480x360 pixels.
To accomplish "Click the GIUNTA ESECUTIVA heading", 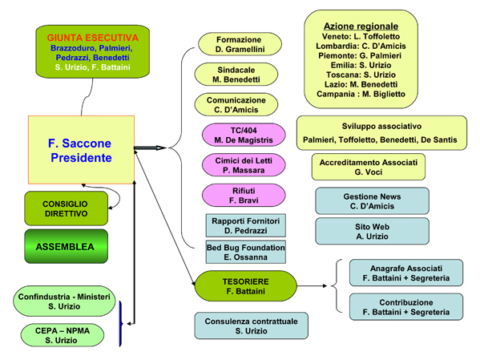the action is click(92, 38).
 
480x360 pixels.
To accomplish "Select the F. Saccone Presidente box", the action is click(81, 150).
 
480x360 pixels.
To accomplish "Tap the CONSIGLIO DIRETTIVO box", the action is click(67, 208).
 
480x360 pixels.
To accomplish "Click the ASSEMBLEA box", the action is click(67, 246).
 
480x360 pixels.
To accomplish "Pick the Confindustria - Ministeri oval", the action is click(64, 301).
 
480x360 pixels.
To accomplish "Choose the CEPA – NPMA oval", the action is click(63, 335).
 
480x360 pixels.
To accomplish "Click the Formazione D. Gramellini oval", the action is click(240, 44).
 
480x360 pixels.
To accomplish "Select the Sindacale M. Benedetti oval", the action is click(236, 75).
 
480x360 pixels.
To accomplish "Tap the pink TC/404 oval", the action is click(244, 135).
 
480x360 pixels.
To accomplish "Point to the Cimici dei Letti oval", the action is click(244, 165).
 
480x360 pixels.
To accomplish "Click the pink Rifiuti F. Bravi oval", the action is click(244, 195).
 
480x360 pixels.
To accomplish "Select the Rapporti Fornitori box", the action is click(246, 225).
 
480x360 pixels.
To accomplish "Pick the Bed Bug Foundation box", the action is click(246, 252).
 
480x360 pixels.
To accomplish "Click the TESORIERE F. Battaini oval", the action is click(246, 286).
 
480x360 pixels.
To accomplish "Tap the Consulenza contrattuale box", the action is click(252, 326).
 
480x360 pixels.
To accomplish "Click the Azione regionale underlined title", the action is click(361, 26).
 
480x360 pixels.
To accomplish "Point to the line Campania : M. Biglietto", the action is click(361, 94).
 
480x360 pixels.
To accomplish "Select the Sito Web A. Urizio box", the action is click(373, 232).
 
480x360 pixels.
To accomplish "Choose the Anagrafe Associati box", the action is click(406, 273).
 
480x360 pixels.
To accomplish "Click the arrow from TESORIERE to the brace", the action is click(312, 286).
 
